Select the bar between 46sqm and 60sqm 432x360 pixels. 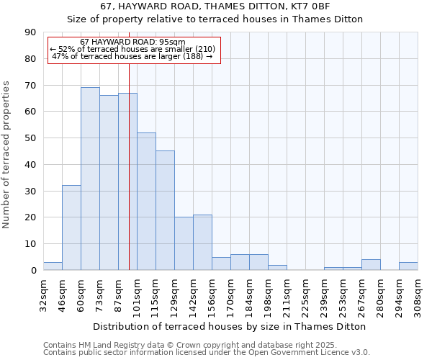[x=71, y=228]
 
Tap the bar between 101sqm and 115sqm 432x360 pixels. [x=146, y=201]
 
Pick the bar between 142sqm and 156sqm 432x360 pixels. [x=202, y=242]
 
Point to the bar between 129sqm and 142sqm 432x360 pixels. [x=184, y=243]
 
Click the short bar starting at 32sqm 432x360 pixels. [x=53, y=266]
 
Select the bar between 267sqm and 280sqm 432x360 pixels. [x=371, y=265]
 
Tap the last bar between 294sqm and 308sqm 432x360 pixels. [x=408, y=266]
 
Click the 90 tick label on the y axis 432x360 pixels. [x=30, y=32]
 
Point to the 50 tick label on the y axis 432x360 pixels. [x=30, y=138]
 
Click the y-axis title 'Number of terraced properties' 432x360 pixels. [x=7, y=155]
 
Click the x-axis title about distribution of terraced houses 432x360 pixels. [x=230, y=326]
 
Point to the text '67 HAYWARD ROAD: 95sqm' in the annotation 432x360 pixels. [x=132, y=42]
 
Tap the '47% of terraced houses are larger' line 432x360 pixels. [x=132, y=56]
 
